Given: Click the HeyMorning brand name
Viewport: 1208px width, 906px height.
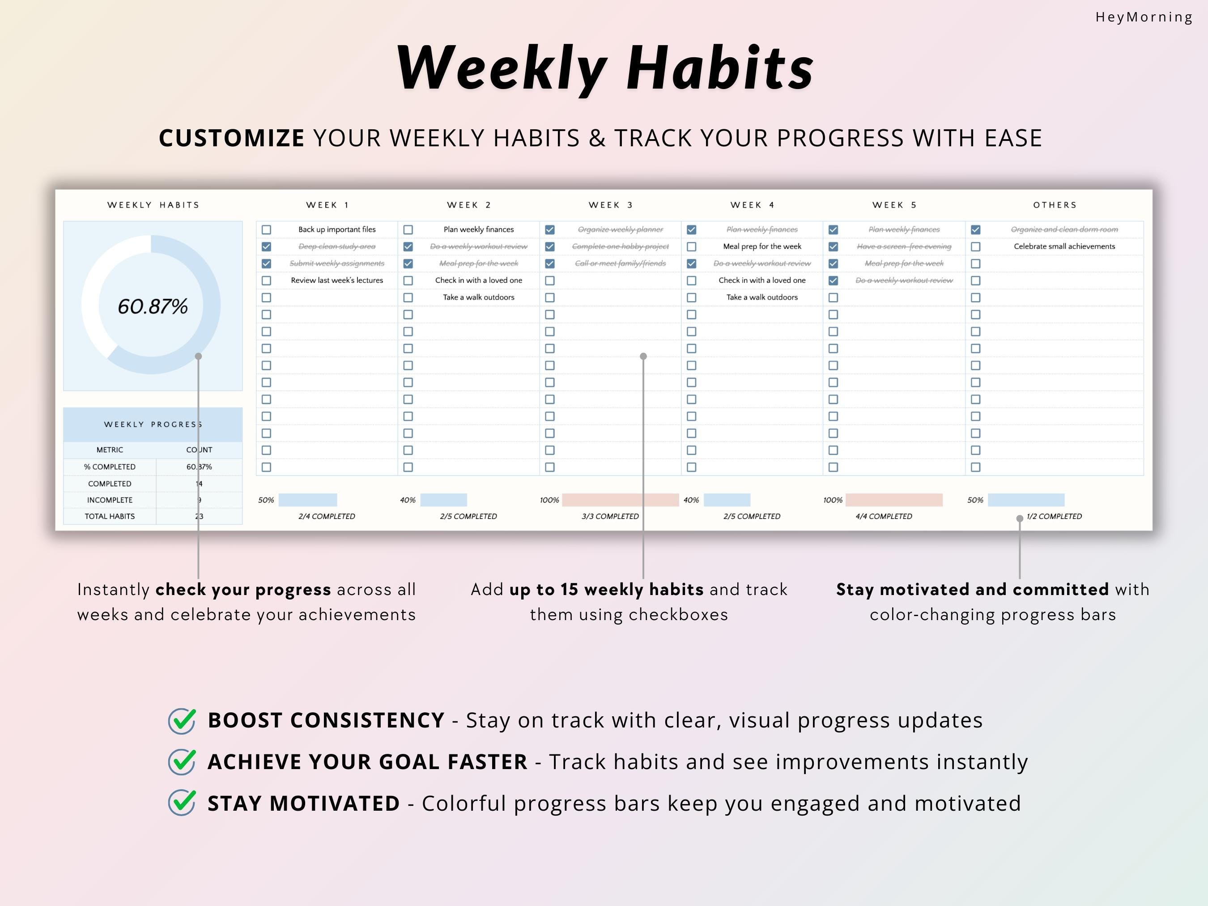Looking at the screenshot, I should click(1144, 17).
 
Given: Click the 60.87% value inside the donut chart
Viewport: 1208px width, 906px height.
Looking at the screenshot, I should click(153, 306).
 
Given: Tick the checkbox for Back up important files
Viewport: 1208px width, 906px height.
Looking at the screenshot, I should click(267, 230).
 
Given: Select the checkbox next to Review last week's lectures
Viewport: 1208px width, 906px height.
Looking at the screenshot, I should click(267, 281).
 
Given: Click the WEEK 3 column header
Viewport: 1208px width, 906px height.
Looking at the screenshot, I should click(610, 205).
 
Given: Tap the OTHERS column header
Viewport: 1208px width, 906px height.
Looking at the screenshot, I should click(1055, 205).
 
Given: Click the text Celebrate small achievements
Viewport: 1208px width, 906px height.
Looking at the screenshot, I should click(1064, 246).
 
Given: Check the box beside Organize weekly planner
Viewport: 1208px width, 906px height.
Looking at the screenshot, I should click(550, 230).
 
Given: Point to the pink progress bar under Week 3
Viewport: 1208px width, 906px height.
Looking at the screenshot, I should click(620, 500).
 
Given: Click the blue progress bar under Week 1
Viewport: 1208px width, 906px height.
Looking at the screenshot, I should click(307, 500).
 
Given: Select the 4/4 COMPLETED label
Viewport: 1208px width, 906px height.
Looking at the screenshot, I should click(883, 516).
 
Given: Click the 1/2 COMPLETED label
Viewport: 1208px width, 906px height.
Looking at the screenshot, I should click(1054, 516).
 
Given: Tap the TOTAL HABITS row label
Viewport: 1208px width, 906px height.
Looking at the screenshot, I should click(109, 516).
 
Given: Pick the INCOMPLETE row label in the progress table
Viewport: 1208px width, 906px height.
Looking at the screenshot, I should click(109, 500).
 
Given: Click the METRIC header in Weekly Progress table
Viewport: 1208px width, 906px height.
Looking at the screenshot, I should click(109, 450).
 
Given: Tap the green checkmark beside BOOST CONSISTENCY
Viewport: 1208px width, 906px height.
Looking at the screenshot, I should click(182, 721).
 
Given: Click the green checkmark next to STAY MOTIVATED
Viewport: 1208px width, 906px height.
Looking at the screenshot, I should click(182, 804).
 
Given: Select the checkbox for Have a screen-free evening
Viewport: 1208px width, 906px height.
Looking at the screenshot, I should click(834, 247).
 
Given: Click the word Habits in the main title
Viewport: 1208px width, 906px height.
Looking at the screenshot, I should click(720, 68).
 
